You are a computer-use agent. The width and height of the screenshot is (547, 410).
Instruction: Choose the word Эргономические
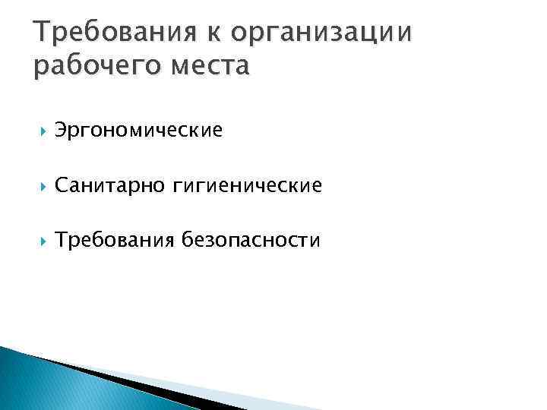click(x=138, y=131)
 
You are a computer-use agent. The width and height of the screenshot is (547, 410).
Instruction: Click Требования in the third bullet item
click(x=114, y=241)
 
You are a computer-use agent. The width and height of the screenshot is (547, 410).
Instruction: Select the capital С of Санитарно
click(x=61, y=185)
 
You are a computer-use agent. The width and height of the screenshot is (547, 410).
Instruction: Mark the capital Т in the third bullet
click(x=60, y=240)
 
